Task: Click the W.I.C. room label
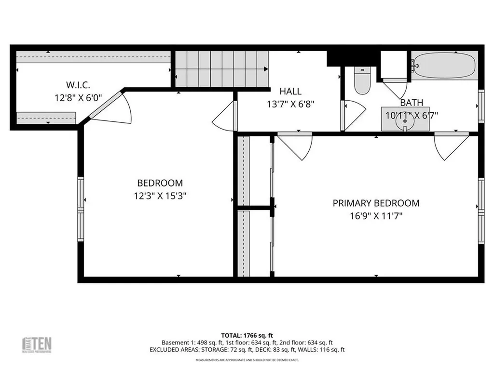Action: [78, 85]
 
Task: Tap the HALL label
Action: [290, 91]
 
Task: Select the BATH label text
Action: [412, 103]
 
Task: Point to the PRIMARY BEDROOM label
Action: [376, 203]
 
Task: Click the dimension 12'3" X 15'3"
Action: [160, 196]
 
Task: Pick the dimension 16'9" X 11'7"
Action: [376, 216]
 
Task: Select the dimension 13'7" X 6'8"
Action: [290, 104]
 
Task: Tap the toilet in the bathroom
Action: [361, 80]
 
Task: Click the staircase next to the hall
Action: [221, 69]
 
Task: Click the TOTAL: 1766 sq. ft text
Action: [247, 335]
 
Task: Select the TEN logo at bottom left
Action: [38, 344]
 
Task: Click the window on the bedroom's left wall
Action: [81, 209]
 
